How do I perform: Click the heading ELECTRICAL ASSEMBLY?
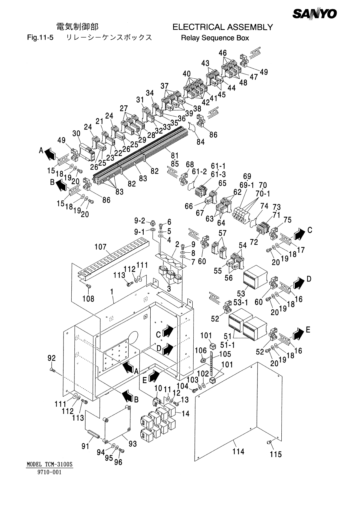tap(222, 28)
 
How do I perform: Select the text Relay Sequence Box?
tap(215, 38)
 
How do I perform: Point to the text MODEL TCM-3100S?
tap(50, 464)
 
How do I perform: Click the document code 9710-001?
tap(50, 472)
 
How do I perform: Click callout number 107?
tap(100, 247)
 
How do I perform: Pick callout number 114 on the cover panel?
tap(238, 452)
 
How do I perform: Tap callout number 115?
tap(276, 454)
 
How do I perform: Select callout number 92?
tap(52, 358)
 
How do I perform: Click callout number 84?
tap(201, 142)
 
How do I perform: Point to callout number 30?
tap(76, 134)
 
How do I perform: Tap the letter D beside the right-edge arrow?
tap(309, 279)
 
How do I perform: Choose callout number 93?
tap(133, 444)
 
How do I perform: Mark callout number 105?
tap(225, 354)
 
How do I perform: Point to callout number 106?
tap(201, 350)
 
